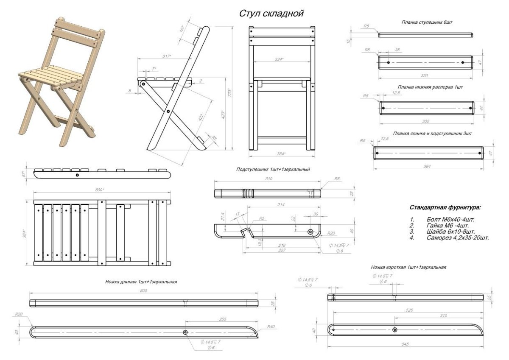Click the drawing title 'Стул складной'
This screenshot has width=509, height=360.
coord(271,14)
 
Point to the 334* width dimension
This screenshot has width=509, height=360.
coord(279,59)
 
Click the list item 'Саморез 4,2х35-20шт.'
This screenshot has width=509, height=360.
coord(458,238)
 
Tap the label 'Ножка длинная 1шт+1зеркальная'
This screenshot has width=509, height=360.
coord(141,282)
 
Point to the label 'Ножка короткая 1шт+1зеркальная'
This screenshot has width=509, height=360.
coord(408,268)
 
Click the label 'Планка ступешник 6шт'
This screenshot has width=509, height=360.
coord(427,21)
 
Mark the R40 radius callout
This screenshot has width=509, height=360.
coord(271,327)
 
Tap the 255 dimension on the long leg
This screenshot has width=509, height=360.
coord(223,319)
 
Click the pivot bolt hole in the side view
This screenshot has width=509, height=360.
coord(168,112)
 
